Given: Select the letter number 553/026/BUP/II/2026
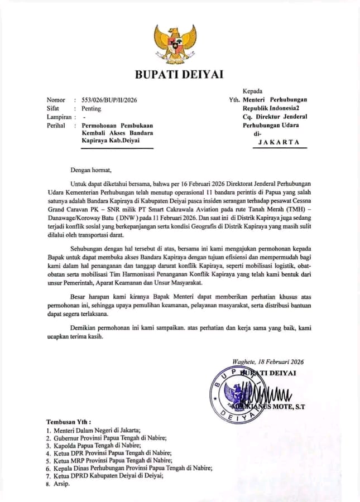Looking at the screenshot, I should click(x=109, y=100).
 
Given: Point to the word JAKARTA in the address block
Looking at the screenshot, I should click(x=279, y=142).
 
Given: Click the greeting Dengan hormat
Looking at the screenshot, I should click(x=91, y=170).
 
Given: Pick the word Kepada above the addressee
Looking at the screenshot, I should click(x=252, y=91).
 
